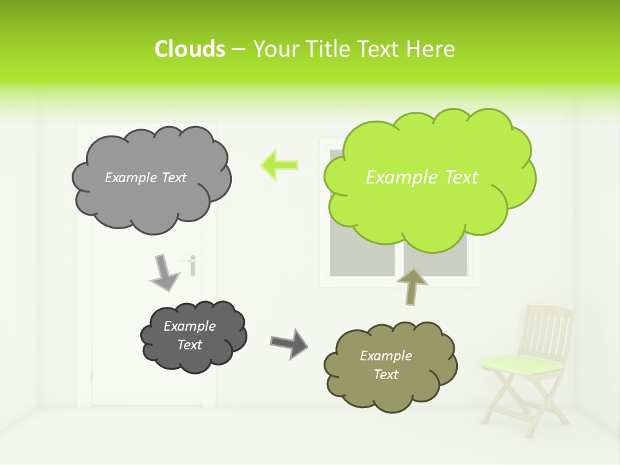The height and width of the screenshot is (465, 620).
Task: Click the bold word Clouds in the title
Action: pos(190,49)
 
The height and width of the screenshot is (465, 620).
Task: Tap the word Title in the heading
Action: pos(328,49)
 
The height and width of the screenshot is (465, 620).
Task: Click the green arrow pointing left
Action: pos(279,164)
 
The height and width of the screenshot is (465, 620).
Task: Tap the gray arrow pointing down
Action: pos(165,272)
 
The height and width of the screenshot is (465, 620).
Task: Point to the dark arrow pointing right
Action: pos(289,343)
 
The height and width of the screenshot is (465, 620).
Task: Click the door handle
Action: pos(192,263)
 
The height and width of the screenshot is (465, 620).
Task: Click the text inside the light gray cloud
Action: pos(145,178)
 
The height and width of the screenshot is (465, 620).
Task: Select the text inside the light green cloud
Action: pos(422,178)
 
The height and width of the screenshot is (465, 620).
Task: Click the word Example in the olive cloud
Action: pos(386,356)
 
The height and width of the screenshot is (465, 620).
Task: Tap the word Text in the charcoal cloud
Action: pos(189,345)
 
